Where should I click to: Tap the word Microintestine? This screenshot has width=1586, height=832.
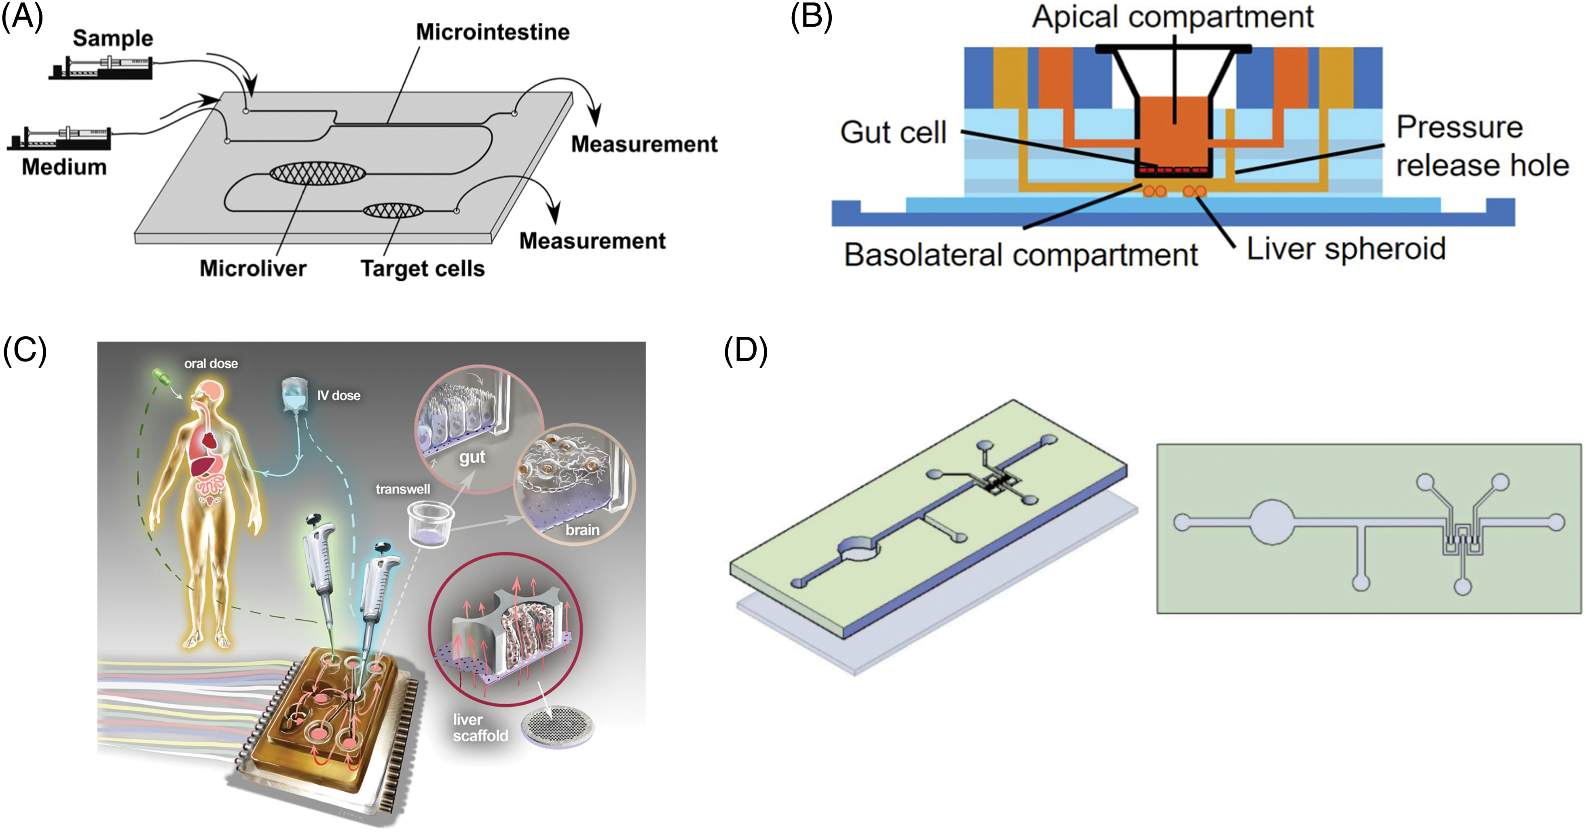(x=493, y=32)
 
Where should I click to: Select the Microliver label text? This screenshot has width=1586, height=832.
(x=253, y=268)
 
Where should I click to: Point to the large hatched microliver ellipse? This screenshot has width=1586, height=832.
(x=317, y=173)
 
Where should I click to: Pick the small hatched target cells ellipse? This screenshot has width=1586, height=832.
(x=393, y=211)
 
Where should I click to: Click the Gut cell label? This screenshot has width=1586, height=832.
(x=893, y=132)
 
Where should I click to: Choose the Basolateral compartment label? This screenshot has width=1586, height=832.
(x=1021, y=255)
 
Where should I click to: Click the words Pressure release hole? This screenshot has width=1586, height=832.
(x=1482, y=146)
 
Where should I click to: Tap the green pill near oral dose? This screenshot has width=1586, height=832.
(x=161, y=377)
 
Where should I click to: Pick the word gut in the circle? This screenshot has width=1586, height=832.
(x=472, y=457)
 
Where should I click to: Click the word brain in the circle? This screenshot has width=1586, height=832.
(x=582, y=530)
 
